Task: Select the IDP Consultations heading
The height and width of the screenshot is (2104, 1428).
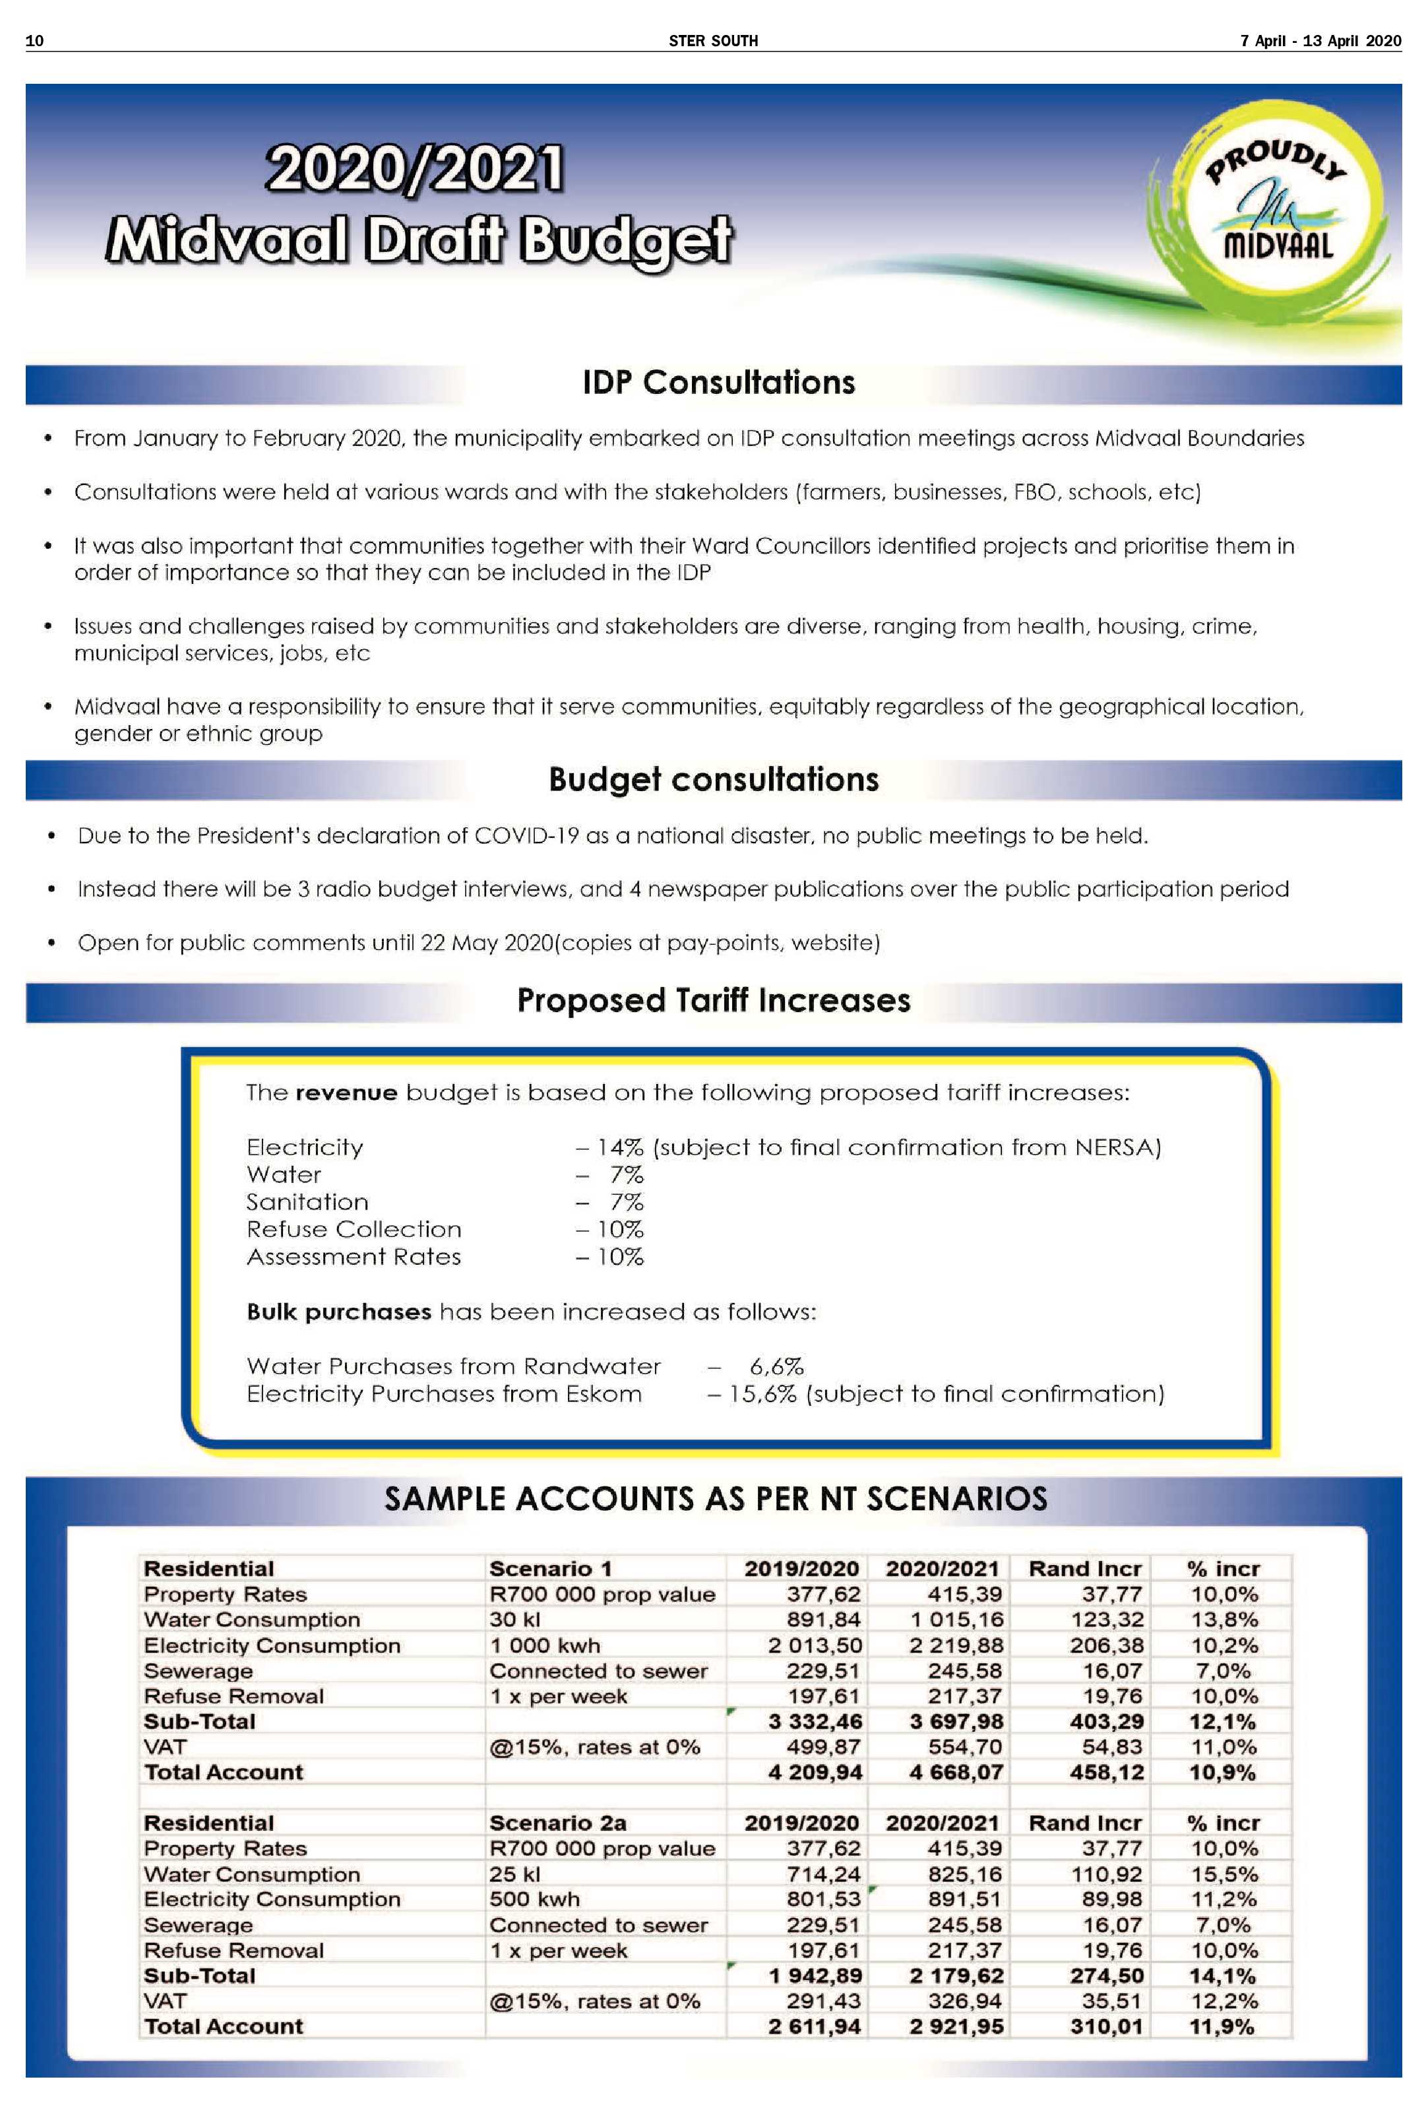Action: [718, 383]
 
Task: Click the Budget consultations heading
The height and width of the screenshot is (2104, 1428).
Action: [713, 779]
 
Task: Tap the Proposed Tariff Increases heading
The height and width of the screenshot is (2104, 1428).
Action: [713, 1000]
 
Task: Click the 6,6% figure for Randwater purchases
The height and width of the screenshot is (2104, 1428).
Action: [776, 1366]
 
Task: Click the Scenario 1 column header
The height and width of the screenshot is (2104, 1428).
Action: [550, 1569]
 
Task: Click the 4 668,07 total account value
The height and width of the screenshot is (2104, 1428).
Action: [956, 1773]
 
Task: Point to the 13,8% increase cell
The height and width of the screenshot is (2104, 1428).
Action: [1224, 1620]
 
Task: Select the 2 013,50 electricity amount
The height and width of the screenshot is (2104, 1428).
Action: [815, 1645]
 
